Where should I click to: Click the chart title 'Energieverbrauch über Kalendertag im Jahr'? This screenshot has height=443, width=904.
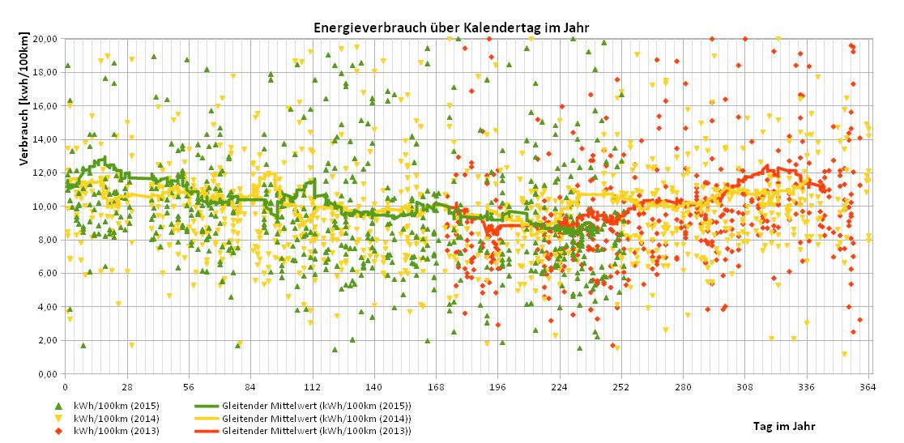pos(451,28)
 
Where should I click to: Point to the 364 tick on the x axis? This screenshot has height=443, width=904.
pos(868,386)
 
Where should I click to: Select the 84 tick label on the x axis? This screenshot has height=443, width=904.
pos(250,386)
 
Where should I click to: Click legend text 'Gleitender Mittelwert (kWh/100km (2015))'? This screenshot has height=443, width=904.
pos(316,405)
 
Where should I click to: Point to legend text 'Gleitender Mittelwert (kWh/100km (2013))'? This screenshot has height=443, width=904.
pos(316,431)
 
